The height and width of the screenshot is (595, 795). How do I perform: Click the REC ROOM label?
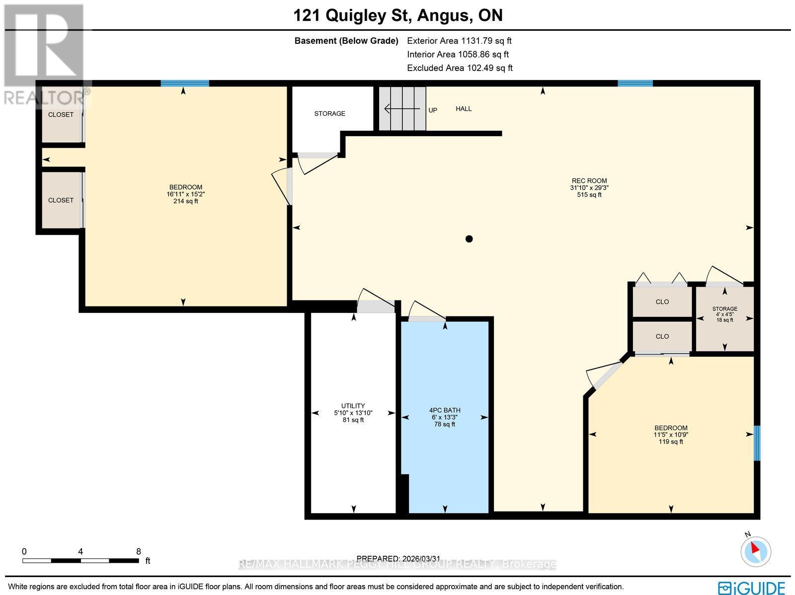coord(589,181)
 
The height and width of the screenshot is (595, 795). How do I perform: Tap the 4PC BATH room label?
coord(445,410)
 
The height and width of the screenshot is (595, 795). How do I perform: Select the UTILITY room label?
coord(353,406)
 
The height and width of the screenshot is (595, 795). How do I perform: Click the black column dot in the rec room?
coord(469,239)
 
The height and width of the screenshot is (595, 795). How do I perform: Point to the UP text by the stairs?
coord(433,110)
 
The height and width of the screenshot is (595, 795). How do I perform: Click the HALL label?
coord(464,109)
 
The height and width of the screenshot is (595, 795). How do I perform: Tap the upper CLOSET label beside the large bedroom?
coord(61,115)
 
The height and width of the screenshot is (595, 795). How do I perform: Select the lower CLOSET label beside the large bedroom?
coord(61,200)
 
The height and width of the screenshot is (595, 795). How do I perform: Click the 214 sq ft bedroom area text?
coord(185,201)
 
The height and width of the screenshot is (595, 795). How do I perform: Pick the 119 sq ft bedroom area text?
coord(671,442)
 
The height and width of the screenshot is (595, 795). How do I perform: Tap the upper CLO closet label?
coord(662,302)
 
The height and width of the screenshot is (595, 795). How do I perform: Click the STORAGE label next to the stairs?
coord(329,114)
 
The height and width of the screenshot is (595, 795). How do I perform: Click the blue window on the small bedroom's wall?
coord(757,443)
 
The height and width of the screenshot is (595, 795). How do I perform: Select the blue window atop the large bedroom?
coord(184,83)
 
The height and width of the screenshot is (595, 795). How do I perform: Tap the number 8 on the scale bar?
coord(139,551)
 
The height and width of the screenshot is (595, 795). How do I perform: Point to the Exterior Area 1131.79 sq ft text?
coord(459,41)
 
